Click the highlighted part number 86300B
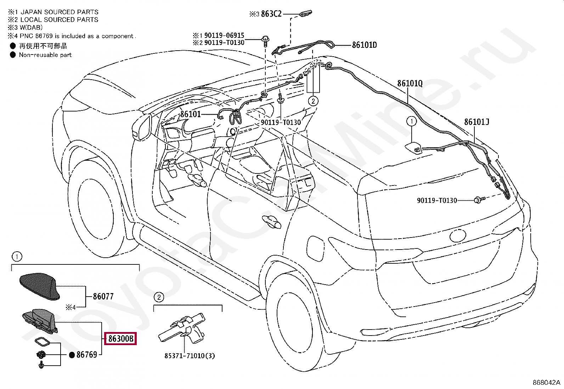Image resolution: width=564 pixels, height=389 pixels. [x=121, y=339]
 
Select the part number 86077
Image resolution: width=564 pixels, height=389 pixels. [x=103, y=296]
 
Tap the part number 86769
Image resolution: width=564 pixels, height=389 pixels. [x=87, y=354]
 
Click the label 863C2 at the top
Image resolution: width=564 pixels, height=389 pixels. [x=271, y=14]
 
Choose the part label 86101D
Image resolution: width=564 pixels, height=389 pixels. [x=364, y=45]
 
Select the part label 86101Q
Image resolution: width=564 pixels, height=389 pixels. [x=410, y=83]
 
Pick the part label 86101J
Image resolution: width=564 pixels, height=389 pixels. [x=476, y=122]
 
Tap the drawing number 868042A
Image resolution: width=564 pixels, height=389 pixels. [x=547, y=383]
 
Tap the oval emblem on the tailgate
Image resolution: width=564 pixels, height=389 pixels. [x=460, y=236]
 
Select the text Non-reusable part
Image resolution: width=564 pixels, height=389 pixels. [x=45, y=55]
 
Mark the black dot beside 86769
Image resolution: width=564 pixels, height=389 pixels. [x=72, y=355]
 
